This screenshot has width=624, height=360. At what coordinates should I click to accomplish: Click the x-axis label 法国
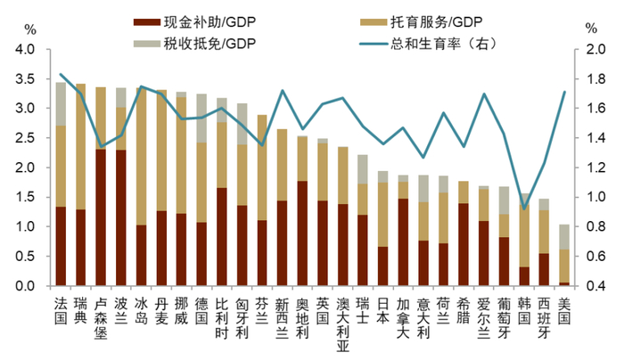pyautogui.click(x=61, y=310)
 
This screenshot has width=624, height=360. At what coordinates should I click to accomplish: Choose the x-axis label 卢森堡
pyautogui.click(x=102, y=316)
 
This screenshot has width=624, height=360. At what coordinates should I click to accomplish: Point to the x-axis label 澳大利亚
pyautogui.click(x=343, y=323)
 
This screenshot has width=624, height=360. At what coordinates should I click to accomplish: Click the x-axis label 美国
pyautogui.click(x=563, y=310)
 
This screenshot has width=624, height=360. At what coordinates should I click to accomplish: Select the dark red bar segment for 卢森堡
pyautogui.click(x=102, y=217)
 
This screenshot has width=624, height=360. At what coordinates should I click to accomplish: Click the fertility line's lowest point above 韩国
pyautogui.click(x=523, y=209)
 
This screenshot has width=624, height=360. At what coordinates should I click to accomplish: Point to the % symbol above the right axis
pyautogui.click(x=591, y=28)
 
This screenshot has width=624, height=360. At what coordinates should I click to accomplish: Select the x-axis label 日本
pyautogui.click(x=383, y=310)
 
